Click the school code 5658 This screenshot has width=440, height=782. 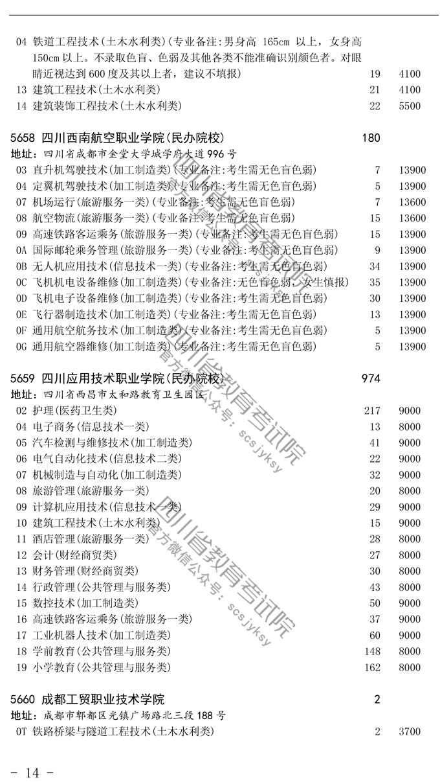click(23, 138)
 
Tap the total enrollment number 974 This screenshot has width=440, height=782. click(371, 378)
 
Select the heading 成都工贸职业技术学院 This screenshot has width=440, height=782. click(103, 700)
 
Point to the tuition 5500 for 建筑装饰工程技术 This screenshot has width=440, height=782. click(410, 106)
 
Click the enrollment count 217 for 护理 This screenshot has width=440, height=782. click(372, 411)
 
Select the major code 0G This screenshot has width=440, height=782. click(21, 347)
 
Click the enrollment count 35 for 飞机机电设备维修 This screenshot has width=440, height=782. click(375, 282)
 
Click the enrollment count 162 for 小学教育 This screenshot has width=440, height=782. click(372, 667)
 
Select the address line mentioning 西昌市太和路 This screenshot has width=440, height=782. click(107, 395)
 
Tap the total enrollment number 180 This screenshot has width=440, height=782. click(371, 138)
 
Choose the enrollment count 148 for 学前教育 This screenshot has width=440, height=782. click(372, 651)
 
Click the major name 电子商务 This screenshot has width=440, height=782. click(54, 426)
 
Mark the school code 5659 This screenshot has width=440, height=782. click(23, 379)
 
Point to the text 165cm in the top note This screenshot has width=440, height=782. click(276, 42)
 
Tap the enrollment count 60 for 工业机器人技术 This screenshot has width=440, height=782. click(375, 636)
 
